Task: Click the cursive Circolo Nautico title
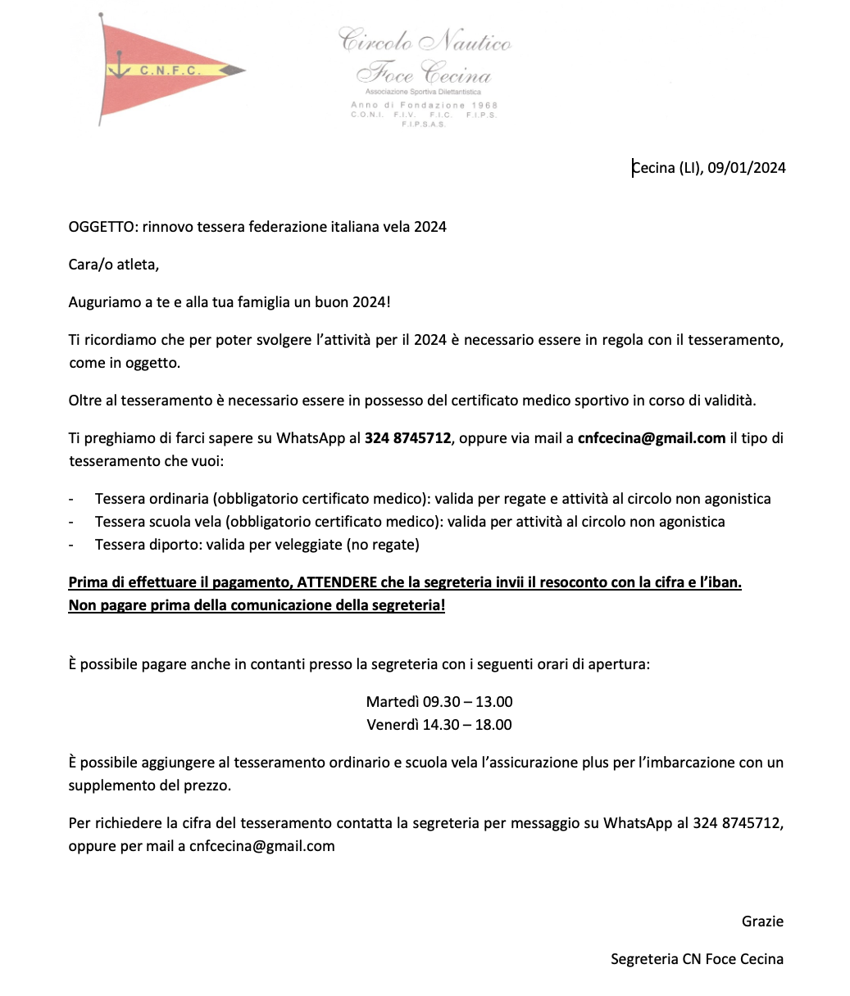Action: click(x=425, y=40)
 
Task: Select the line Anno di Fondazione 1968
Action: click(x=424, y=106)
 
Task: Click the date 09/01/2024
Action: click(x=747, y=168)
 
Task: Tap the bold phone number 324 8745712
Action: click(x=407, y=438)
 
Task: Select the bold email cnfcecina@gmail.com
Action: click(x=651, y=438)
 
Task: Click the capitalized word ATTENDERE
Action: click(x=338, y=583)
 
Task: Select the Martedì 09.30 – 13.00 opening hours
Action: click(x=439, y=702)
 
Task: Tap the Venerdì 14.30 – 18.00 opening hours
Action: click(x=439, y=725)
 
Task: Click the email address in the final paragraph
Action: click(x=261, y=846)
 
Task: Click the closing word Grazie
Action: click(x=762, y=921)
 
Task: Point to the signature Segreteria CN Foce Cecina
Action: click(x=697, y=959)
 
